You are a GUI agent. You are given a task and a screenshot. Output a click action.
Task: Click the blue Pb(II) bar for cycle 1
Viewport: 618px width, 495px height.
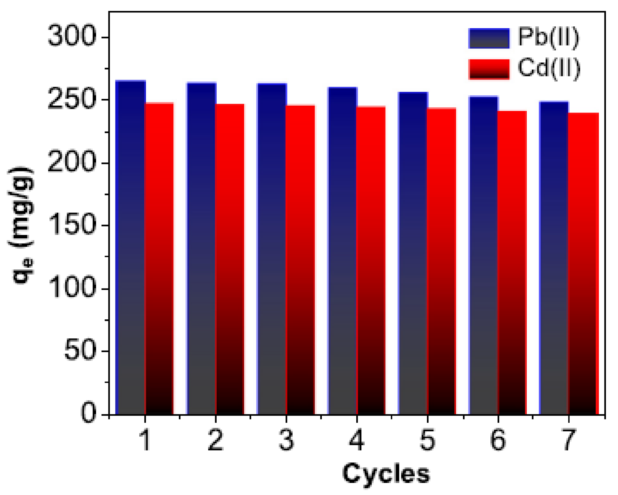(130, 247)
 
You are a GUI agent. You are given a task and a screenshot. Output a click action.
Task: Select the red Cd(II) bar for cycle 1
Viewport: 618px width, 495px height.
(159, 258)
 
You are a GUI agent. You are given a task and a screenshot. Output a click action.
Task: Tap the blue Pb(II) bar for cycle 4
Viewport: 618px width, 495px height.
(342, 251)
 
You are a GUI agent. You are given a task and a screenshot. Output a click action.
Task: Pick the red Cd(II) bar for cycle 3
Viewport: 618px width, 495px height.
(301, 260)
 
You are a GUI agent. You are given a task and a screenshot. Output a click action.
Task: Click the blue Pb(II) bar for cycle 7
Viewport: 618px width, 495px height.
(554, 258)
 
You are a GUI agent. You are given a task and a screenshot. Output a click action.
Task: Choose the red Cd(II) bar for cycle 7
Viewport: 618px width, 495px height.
(583, 264)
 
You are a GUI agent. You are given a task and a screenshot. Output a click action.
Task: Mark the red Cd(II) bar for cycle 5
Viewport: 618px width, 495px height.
(442, 261)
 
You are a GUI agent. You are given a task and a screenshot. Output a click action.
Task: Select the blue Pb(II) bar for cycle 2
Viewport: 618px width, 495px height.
(201, 248)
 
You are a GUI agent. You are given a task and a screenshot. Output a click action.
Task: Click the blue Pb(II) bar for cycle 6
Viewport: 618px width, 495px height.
(483, 255)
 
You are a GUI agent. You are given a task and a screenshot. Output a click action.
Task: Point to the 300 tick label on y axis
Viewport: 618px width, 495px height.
(72, 37)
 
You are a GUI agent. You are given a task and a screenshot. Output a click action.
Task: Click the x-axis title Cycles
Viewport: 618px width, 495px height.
(386, 474)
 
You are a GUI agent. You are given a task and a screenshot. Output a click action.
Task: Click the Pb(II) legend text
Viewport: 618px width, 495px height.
(548, 37)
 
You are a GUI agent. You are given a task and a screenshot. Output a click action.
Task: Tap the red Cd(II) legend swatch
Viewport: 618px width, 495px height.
(489, 69)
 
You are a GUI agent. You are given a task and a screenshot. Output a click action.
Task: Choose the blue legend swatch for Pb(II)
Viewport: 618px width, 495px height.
(489, 38)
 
